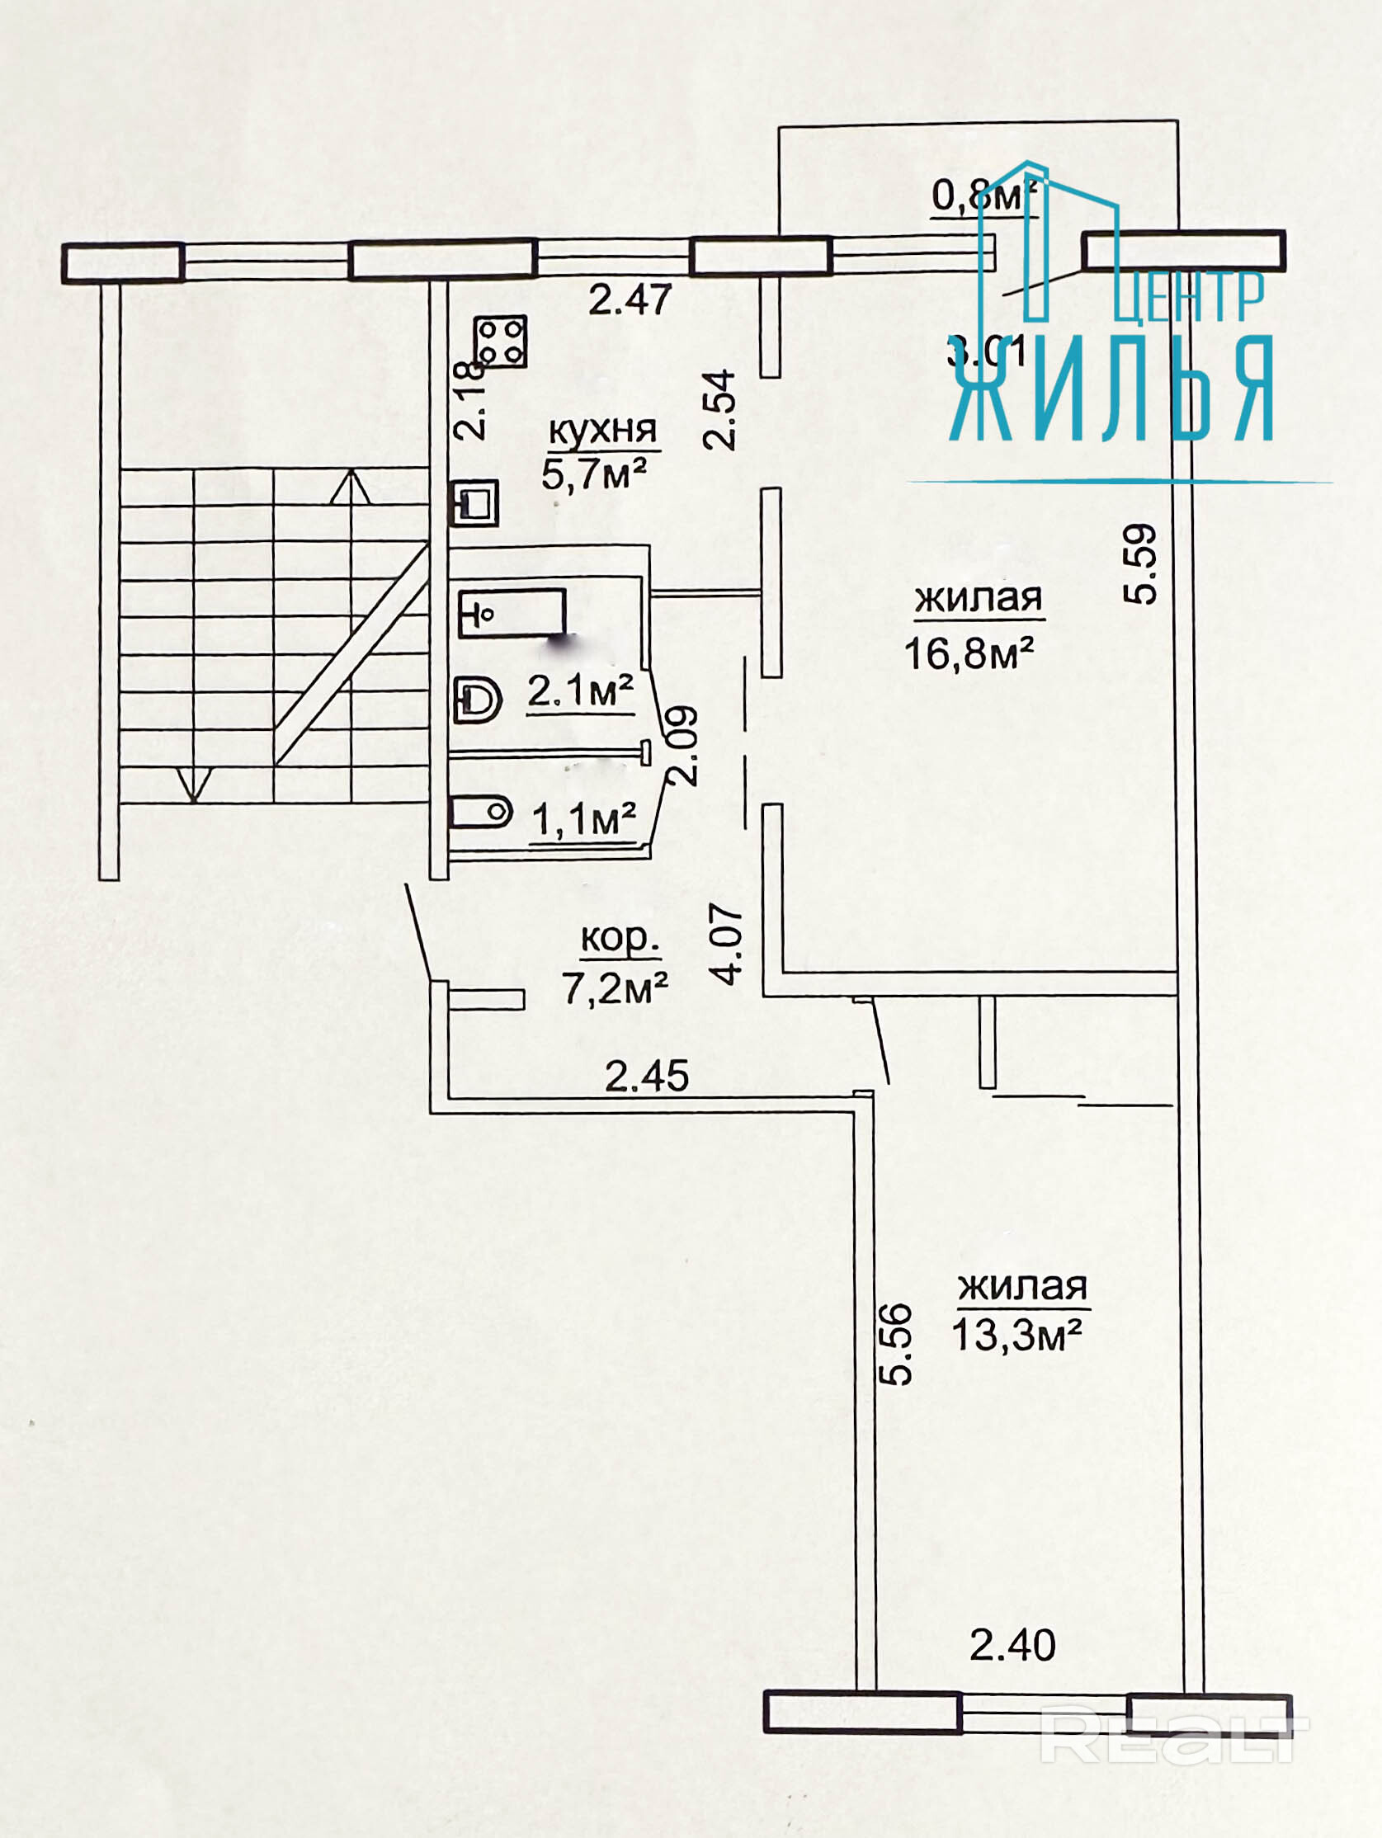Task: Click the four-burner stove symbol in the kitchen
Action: pyautogui.click(x=500, y=341)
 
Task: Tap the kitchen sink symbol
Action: pyautogui.click(x=474, y=502)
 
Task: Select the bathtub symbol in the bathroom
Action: pyautogui.click(x=512, y=613)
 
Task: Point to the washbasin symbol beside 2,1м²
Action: pyautogui.click(x=477, y=700)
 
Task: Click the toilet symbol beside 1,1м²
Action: pyautogui.click(x=479, y=811)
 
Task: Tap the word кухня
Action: pyautogui.click(x=602, y=431)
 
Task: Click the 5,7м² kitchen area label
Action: pyautogui.click(x=593, y=474)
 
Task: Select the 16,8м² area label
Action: pyautogui.click(x=968, y=653)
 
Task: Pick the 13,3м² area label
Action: pyautogui.click(x=1016, y=1336)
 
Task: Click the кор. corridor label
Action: pyautogui.click(x=620, y=938)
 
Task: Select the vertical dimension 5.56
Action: pyautogui.click(x=896, y=1345)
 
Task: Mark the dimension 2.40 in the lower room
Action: pyautogui.click(x=1012, y=1644)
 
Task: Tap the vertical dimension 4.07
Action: pyautogui.click(x=728, y=945)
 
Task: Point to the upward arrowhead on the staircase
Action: pyautogui.click(x=351, y=486)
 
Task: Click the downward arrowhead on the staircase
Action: pyautogui.click(x=193, y=784)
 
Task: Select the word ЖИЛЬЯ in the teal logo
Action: pyautogui.click(x=1113, y=389)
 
